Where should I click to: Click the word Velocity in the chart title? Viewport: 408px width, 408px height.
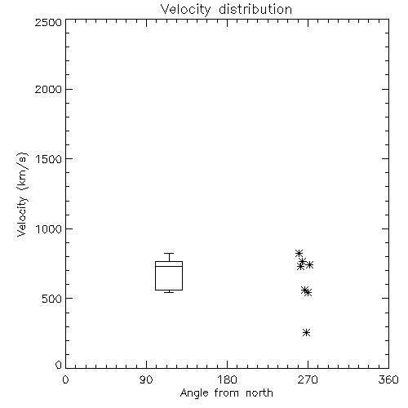[186, 10]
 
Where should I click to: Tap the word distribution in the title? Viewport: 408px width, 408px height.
[255, 9]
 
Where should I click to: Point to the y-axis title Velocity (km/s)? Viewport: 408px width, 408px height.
[22, 194]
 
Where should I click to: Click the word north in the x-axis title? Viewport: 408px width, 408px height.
[259, 392]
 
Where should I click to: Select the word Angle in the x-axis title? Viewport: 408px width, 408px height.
[194, 393]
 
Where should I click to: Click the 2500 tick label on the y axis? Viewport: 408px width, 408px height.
[48, 22]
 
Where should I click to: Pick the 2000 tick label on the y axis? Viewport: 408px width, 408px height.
[48, 89]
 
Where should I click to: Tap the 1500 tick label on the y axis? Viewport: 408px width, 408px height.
[49, 159]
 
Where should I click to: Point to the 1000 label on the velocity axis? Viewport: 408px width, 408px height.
[49, 229]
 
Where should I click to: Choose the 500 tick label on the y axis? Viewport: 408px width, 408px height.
[52, 299]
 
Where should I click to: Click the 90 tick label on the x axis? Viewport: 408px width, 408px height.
[146, 379]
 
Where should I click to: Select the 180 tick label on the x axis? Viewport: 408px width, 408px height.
[227, 379]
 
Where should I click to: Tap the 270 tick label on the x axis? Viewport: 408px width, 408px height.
[308, 379]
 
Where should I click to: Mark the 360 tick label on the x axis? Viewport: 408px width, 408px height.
[388, 379]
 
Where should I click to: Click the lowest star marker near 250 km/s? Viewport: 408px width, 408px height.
[307, 332]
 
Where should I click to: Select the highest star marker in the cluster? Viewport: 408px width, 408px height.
[299, 253]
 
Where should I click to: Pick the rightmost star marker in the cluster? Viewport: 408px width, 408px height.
[310, 264]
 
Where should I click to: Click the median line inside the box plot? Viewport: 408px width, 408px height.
[169, 266]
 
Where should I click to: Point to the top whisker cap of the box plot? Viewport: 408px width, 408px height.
[169, 253]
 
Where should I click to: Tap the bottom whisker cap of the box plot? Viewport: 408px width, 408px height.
[169, 292]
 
